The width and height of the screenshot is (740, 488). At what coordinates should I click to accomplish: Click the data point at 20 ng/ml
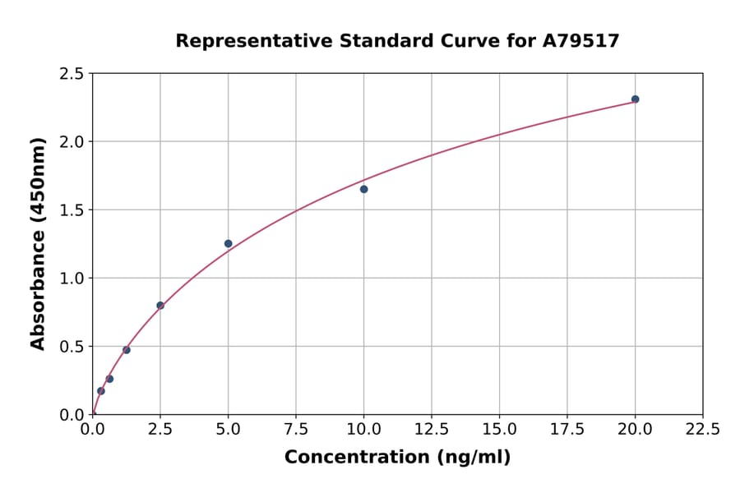635,99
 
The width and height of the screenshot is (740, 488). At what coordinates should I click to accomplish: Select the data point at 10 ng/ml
363,189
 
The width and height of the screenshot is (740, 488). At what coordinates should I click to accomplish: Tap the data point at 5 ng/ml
228,243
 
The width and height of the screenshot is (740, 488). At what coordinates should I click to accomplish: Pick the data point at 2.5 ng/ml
160,306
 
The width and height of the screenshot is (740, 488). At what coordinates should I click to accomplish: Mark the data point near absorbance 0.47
127,350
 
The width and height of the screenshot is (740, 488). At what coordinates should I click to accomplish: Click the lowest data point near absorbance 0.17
101,391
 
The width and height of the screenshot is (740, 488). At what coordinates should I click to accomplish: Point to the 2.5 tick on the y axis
72,74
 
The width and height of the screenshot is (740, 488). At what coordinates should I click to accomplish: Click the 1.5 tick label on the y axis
72,210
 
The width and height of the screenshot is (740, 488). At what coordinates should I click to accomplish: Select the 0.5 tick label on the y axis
72,347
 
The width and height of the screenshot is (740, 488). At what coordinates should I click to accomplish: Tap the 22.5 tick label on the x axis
702,430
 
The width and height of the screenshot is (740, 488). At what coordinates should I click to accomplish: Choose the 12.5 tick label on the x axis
431,430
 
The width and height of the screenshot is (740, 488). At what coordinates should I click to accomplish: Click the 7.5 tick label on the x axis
296,430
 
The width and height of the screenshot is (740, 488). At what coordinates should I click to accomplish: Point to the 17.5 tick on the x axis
567,430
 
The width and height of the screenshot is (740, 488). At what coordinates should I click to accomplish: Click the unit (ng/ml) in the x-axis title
473,458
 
